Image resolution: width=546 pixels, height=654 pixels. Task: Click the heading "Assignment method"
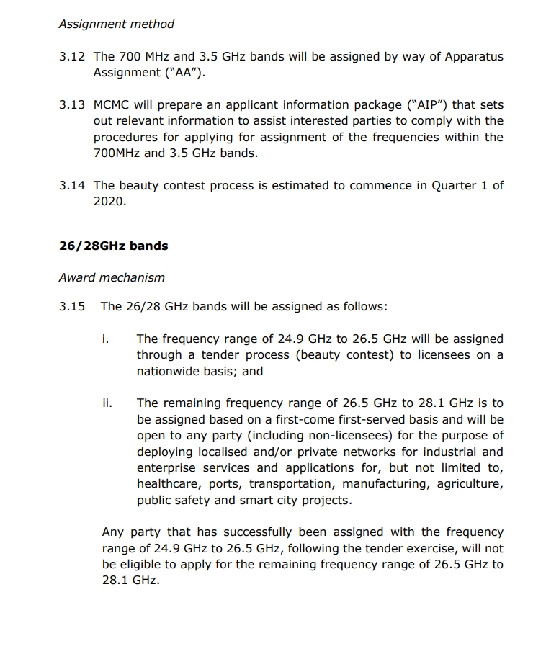[x=117, y=24]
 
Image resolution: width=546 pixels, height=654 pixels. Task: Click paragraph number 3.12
[x=72, y=56]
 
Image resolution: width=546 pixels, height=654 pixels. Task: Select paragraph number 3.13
[x=72, y=104]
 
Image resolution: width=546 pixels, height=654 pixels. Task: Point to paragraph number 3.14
[x=72, y=185]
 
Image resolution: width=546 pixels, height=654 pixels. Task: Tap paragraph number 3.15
[x=72, y=306]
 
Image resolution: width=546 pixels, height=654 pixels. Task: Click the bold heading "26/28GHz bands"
[x=113, y=246]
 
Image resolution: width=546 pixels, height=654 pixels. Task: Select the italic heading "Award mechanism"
[x=112, y=277]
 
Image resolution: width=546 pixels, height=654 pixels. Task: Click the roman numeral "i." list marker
[x=106, y=339]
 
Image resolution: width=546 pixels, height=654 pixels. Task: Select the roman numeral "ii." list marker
[x=107, y=403]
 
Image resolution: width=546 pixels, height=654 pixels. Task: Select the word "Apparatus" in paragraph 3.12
[x=470, y=56]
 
